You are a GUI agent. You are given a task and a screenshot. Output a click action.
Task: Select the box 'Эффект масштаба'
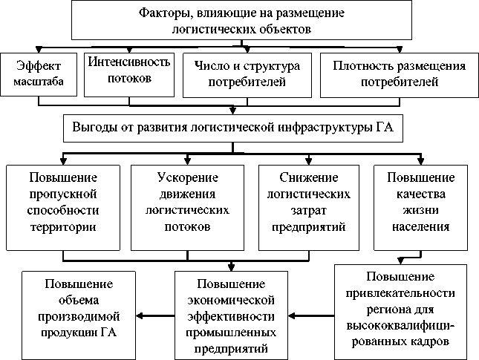(39, 75)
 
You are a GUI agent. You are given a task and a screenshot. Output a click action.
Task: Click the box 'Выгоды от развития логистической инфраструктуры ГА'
(233, 128)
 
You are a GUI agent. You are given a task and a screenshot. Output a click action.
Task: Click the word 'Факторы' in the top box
(162, 13)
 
